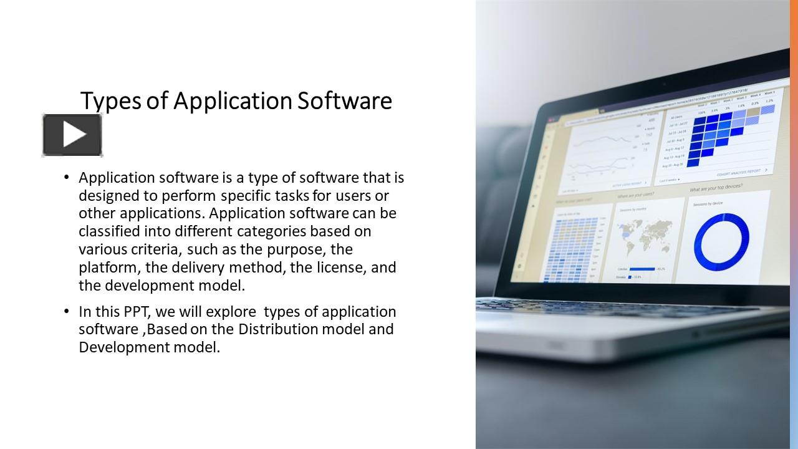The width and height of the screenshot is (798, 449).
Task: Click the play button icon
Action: pos(72,135)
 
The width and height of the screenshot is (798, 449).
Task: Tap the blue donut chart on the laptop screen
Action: pos(721,241)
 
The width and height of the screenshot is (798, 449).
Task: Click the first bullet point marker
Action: pos(67,178)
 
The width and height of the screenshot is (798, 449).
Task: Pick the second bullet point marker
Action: pos(67,311)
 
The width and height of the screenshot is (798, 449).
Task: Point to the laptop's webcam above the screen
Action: pos(665,84)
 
